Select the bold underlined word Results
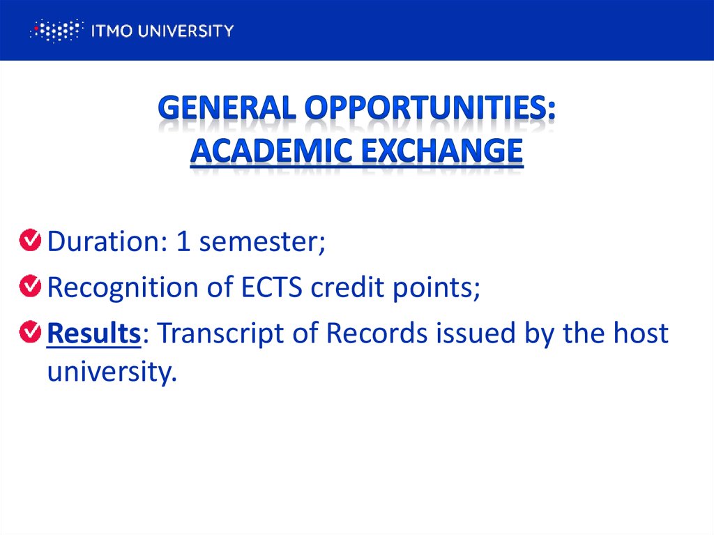[x=94, y=334]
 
